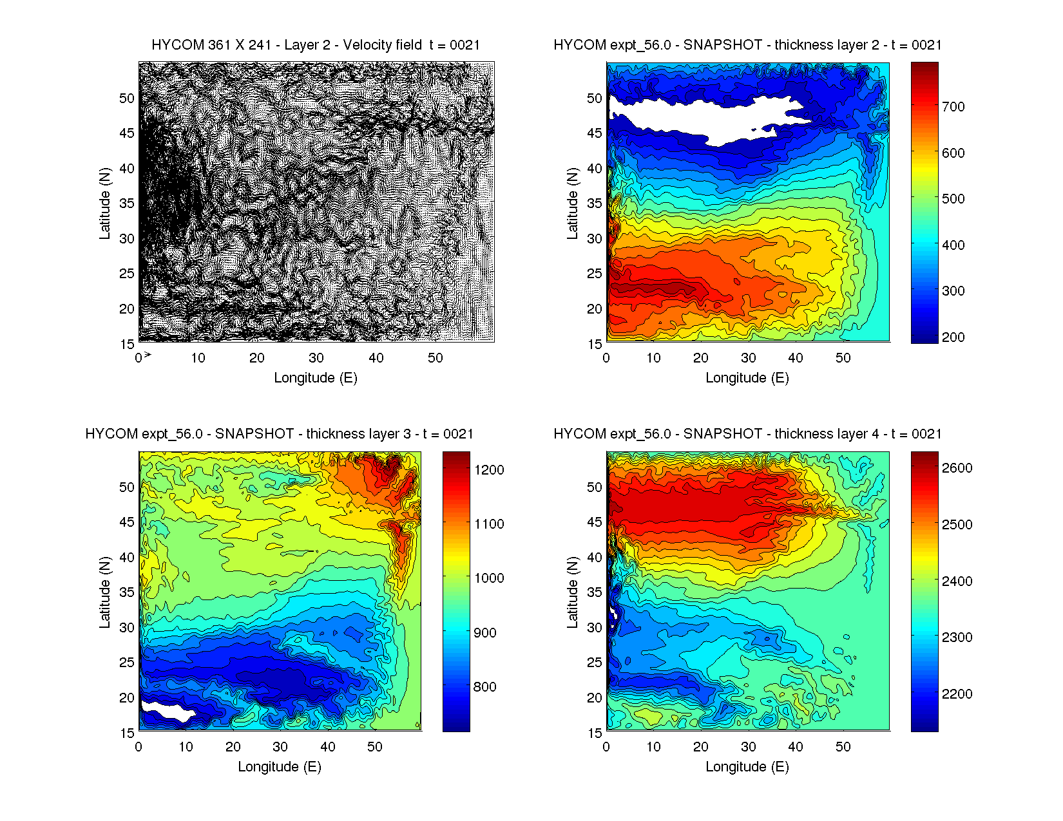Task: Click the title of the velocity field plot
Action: click(316, 45)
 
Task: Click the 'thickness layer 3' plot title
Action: click(279, 434)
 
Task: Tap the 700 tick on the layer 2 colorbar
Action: click(953, 107)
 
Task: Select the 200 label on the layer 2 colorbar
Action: click(953, 337)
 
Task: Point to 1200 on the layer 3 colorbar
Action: click(489, 470)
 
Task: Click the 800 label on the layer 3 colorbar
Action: click(484, 687)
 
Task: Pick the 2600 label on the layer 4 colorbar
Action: click(957, 468)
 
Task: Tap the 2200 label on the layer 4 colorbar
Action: click(957, 694)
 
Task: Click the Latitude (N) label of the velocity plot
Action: click(104, 203)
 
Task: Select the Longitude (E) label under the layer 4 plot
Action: click(747, 766)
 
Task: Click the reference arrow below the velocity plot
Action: click(148, 354)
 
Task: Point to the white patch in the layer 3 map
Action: click(166, 711)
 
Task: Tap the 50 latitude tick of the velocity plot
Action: click(127, 99)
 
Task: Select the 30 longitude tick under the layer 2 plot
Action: click(748, 358)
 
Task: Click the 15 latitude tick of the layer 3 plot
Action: click(127, 733)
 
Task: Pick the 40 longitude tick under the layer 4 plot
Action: click(796, 747)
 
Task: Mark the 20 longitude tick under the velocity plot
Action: click(257, 358)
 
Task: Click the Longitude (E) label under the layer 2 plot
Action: click(747, 377)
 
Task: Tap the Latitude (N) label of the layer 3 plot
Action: click(104, 592)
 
